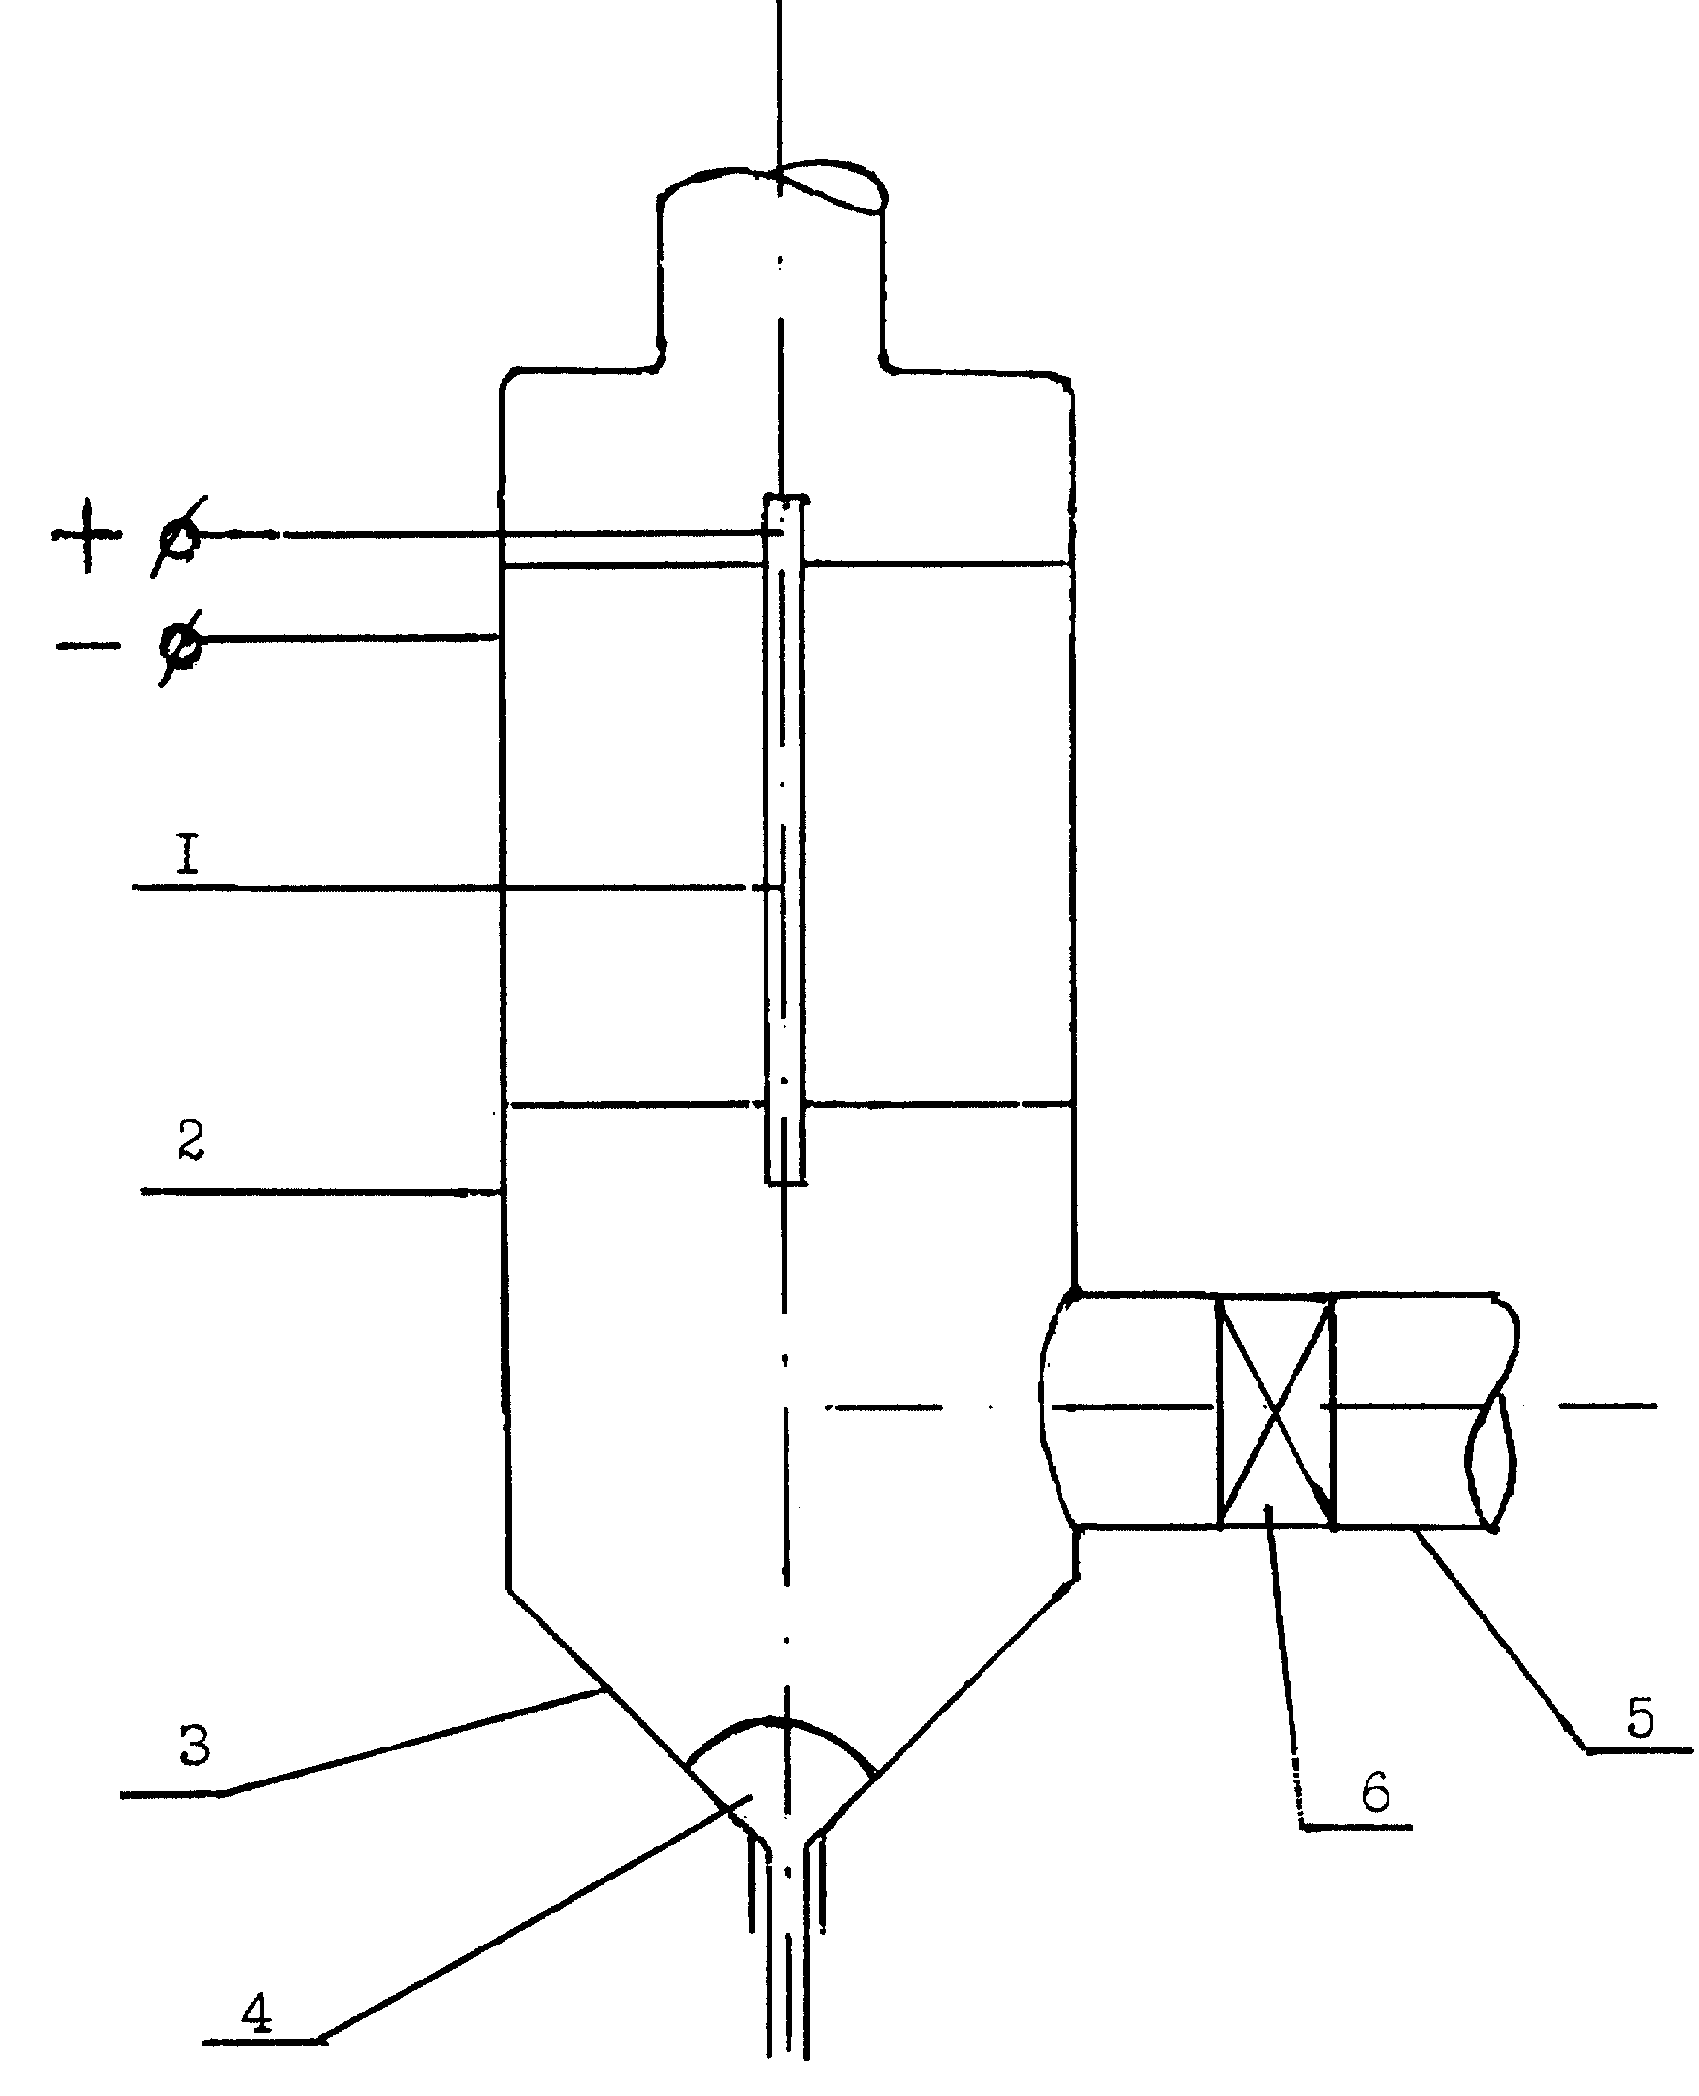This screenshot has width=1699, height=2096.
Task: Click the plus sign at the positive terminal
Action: (87, 535)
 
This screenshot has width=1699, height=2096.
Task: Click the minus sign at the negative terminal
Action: (87, 645)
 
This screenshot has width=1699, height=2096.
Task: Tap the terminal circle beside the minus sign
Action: (182, 646)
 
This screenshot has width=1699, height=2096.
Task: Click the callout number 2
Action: (191, 1141)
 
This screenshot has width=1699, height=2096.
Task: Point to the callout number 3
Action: (195, 1745)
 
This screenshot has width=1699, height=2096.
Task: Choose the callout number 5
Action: (1639, 1716)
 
